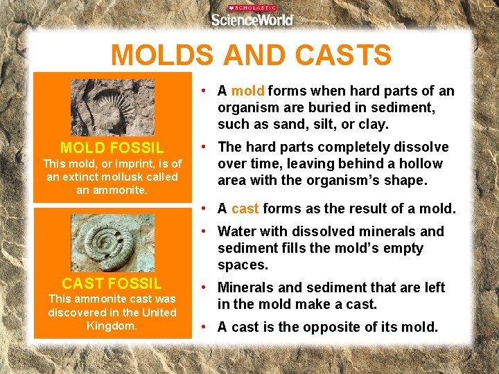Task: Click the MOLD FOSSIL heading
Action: pyautogui.click(x=112, y=148)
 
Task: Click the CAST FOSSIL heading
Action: pyautogui.click(x=112, y=283)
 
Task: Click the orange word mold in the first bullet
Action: pyautogui.click(x=248, y=91)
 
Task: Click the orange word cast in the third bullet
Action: pyautogui.click(x=245, y=209)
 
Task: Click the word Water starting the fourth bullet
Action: pyautogui.click(x=236, y=231)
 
